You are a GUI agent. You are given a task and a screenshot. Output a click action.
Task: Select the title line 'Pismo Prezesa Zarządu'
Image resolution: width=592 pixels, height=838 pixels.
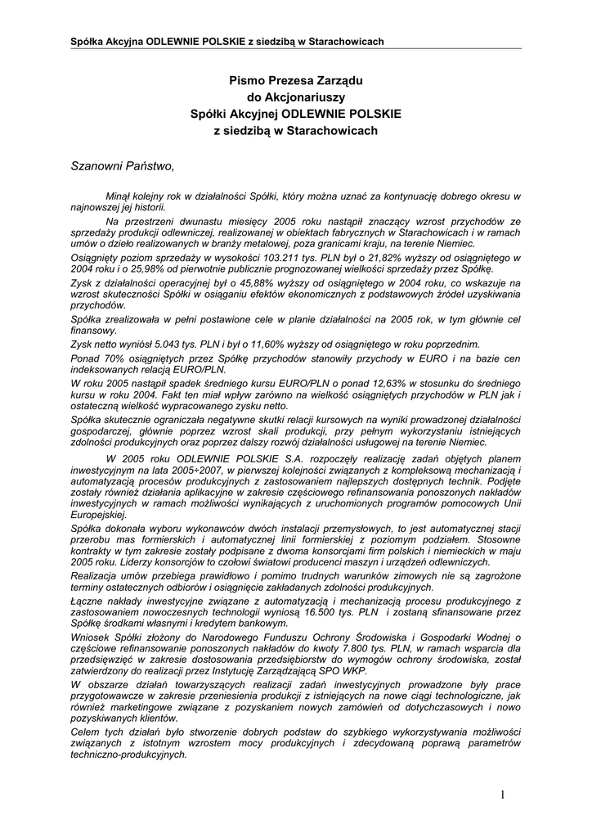295,82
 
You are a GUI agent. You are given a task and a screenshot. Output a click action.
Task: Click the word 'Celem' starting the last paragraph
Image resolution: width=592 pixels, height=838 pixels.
87,732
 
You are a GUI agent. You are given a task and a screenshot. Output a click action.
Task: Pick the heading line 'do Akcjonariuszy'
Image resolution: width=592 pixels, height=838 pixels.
295,98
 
